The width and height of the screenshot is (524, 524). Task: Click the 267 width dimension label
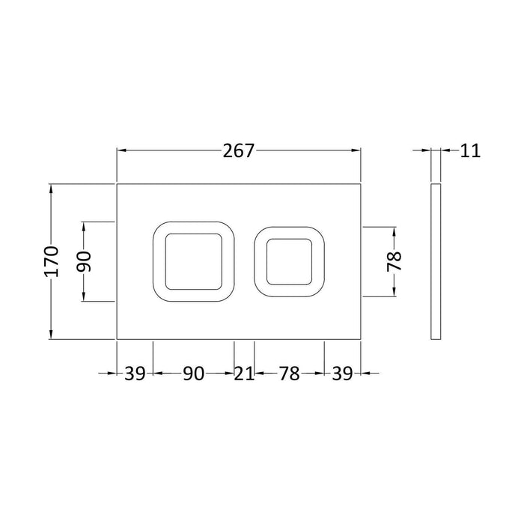239,151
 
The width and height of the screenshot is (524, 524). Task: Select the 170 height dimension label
51,261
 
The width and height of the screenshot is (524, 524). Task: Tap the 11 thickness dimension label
470,151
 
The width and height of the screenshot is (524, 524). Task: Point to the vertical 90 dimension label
84,261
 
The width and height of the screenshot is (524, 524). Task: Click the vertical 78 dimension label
394,261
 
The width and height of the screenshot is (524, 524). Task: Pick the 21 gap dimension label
244,374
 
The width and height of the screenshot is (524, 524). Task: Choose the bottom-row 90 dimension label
193,374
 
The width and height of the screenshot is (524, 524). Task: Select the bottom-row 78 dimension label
290,374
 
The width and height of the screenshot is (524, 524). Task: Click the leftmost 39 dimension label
135,374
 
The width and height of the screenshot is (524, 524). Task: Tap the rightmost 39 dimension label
342,374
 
